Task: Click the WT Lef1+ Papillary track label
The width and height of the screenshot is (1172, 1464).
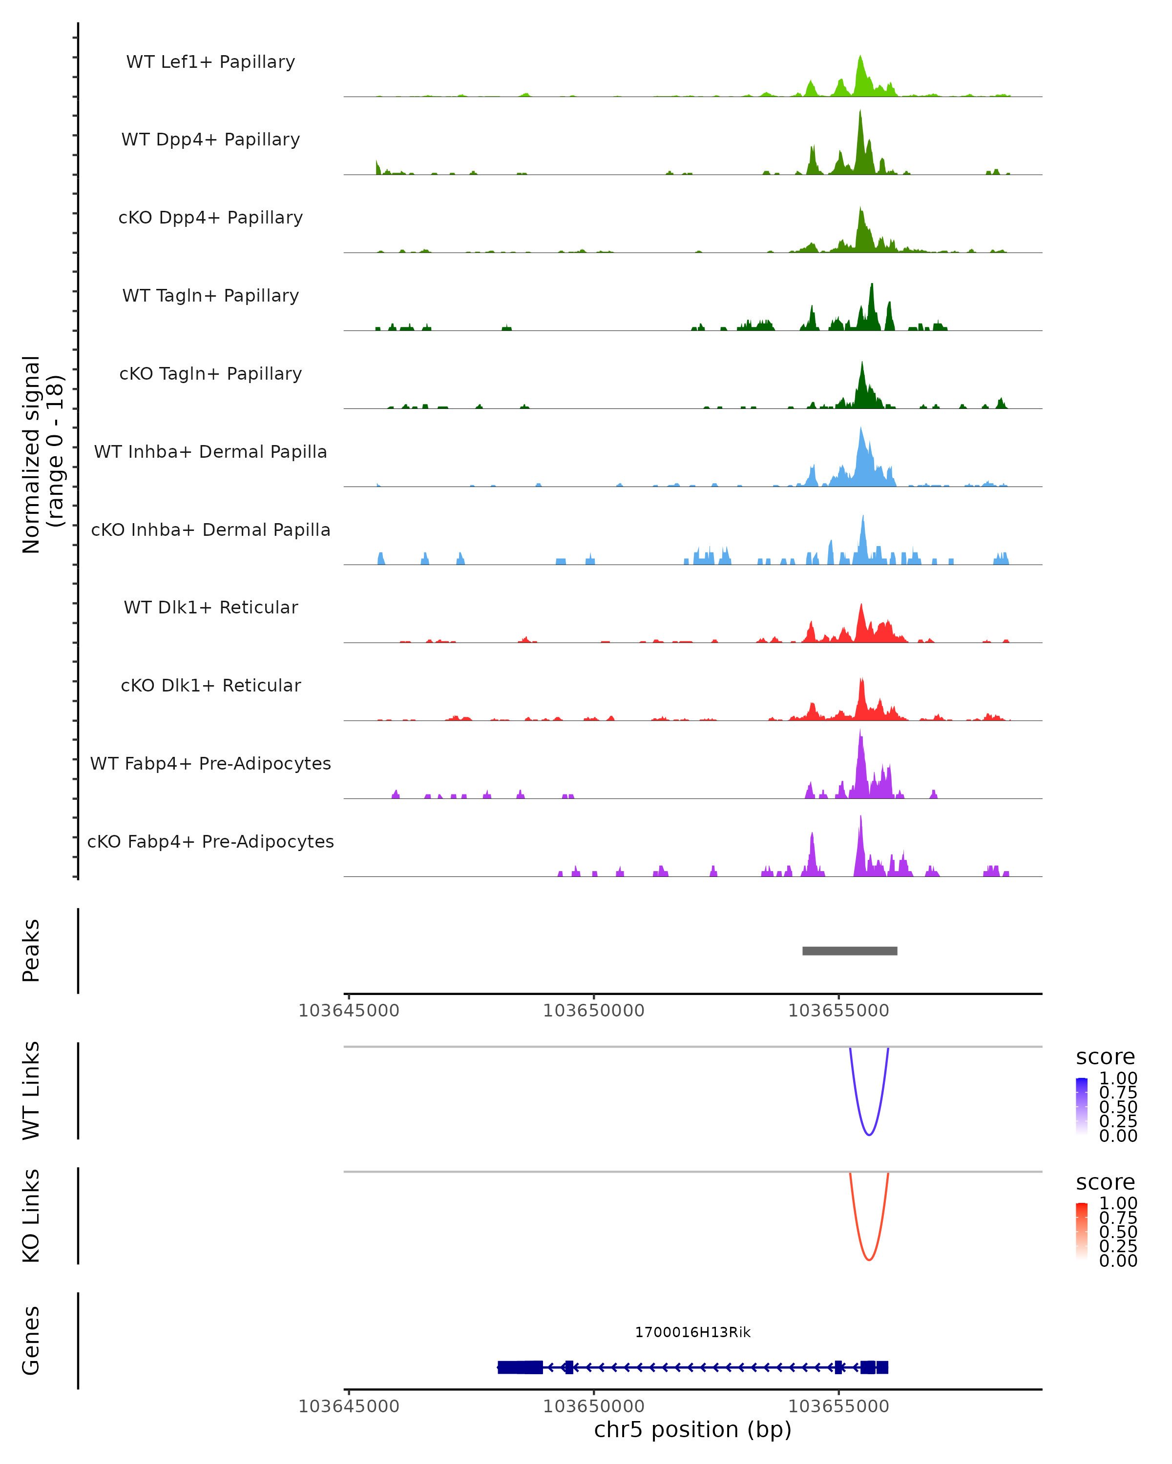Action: tap(210, 62)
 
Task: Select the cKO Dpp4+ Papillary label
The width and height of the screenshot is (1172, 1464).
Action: tap(210, 217)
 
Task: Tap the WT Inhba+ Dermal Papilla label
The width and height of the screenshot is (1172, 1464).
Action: tap(210, 451)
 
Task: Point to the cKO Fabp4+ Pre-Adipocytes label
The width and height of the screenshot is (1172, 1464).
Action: tap(210, 841)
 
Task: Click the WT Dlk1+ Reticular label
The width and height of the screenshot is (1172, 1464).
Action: tap(210, 607)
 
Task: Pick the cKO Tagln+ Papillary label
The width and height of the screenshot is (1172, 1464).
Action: tap(210, 373)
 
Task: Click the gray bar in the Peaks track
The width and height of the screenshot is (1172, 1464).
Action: tap(849, 951)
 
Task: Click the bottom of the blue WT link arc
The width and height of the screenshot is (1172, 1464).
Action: tap(868, 1134)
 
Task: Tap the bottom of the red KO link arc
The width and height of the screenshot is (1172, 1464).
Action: tap(868, 1260)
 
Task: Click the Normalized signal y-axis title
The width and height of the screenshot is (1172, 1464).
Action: tap(42, 454)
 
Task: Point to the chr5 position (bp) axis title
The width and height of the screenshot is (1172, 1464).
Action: tap(692, 1429)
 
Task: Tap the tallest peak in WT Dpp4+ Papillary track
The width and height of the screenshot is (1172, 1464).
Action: tap(860, 113)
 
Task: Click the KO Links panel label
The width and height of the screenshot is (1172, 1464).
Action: tap(31, 1216)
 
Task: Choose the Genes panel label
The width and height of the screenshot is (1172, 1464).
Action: tap(31, 1341)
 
